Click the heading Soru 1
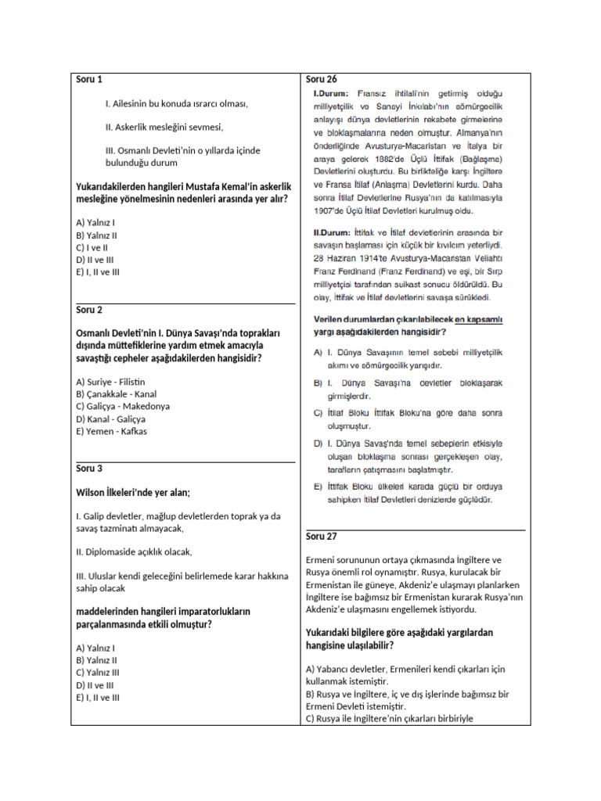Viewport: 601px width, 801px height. pyautogui.click(x=89, y=79)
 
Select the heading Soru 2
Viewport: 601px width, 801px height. pyautogui.click(x=89, y=310)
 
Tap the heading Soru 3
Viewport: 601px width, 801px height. pyautogui.click(x=89, y=468)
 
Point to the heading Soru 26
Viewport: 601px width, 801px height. pyautogui.click(x=322, y=79)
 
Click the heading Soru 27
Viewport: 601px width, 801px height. pyautogui.click(x=322, y=536)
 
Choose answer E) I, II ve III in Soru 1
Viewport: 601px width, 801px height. pyautogui.click(x=98, y=272)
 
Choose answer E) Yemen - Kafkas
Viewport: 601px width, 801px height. pyautogui.click(x=111, y=431)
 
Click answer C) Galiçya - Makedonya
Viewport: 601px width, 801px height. pyautogui.click(x=123, y=406)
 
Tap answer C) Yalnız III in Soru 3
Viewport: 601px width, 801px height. pyautogui.click(x=98, y=672)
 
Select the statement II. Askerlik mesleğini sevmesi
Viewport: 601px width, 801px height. pyautogui.click(x=164, y=127)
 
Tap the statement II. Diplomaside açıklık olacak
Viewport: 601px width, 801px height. pyautogui.click(x=134, y=551)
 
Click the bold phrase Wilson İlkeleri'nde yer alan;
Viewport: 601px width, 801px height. pyautogui.click(x=133, y=493)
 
